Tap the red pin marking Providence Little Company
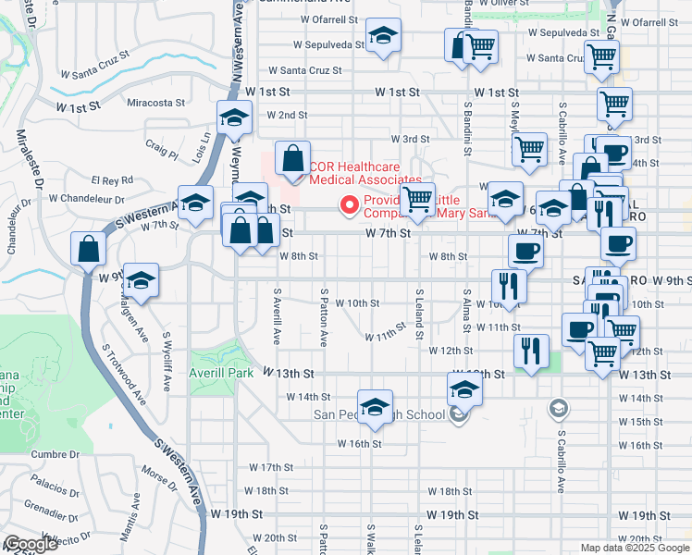(350, 205)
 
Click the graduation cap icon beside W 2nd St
(234, 118)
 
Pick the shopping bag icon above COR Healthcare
(292, 159)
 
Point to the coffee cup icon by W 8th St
(525, 251)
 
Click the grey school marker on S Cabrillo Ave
(558, 407)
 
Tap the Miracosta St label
(156, 103)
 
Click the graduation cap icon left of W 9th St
(140, 280)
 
